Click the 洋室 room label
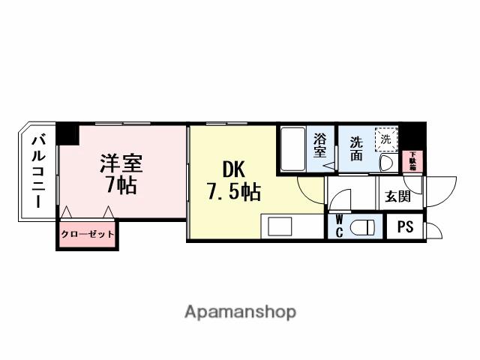point(121,163)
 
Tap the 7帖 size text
point(121,185)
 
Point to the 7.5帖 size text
point(233,193)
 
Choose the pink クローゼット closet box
point(88,234)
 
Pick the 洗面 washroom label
point(355,148)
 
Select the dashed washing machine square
point(385,139)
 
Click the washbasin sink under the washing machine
point(387,163)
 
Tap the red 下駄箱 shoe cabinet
point(412,161)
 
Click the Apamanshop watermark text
point(240,311)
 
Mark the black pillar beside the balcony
point(68,133)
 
